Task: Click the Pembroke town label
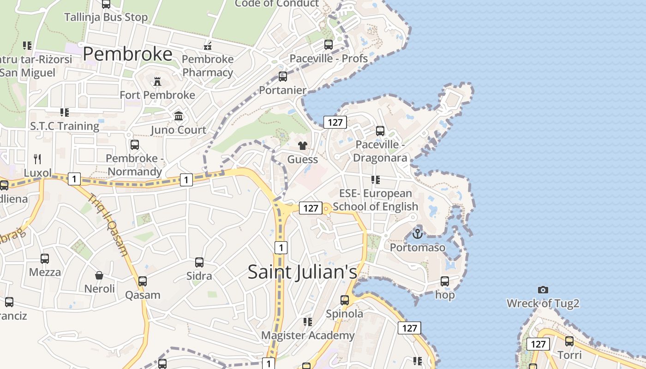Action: click(127, 54)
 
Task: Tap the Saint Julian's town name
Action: click(302, 271)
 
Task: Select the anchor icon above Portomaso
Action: click(417, 234)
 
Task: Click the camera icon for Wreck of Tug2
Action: click(543, 290)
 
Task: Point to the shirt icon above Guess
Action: click(302, 146)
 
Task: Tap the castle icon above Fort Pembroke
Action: click(157, 82)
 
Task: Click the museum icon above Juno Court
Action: click(179, 116)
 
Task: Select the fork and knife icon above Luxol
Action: click(37, 159)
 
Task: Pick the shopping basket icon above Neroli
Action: click(99, 275)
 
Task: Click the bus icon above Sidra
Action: click(199, 262)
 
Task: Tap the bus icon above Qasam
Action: click(143, 281)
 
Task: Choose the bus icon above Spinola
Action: click(345, 300)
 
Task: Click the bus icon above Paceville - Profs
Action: click(329, 45)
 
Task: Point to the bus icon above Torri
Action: click(569, 341)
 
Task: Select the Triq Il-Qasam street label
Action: click(108, 225)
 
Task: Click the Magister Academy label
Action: click(308, 335)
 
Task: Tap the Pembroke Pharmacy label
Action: click(208, 66)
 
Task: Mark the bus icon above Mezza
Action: click(45, 259)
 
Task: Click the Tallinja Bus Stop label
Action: click(106, 18)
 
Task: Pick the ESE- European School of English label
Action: click(376, 200)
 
